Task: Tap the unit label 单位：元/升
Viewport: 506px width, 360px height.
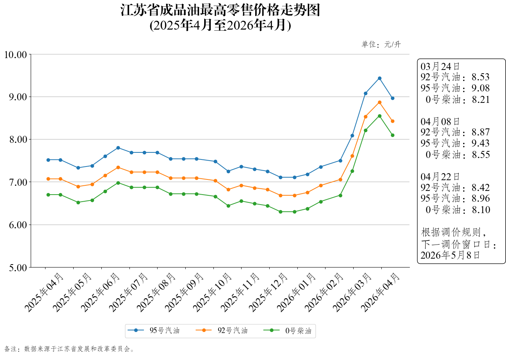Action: (x=381, y=44)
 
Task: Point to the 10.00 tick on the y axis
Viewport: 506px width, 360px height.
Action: (x=16, y=55)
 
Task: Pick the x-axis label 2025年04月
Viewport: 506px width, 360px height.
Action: (x=44, y=292)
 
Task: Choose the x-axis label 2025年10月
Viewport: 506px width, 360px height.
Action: (x=212, y=292)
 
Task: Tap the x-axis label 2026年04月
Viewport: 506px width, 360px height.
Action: (x=380, y=292)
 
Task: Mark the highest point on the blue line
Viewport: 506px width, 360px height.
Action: (x=379, y=78)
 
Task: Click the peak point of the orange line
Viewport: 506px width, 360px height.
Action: (x=379, y=102)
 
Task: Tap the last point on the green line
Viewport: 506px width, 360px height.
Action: (x=392, y=135)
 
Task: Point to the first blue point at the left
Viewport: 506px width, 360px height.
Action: (x=48, y=160)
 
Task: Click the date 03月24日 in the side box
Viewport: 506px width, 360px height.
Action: (x=440, y=67)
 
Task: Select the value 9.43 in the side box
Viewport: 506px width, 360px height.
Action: (x=480, y=143)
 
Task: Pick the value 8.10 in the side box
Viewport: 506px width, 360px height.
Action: (x=481, y=210)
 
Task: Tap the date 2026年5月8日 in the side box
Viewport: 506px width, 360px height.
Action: (x=450, y=255)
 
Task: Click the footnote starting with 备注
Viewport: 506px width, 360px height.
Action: (x=70, y=349)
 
